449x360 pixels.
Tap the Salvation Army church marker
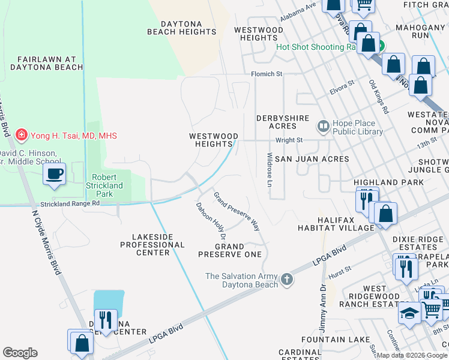(x=288, y=279)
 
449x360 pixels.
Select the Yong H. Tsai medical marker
(x=21, y=134)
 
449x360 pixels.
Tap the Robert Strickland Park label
(x=107, y=186)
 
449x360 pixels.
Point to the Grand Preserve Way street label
(x=237, y=212)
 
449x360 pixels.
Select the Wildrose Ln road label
(x=269, y=169)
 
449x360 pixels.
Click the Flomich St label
(x=267, y=74)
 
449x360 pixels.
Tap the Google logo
(x=20, y=353)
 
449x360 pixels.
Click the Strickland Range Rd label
(x=70, y=203)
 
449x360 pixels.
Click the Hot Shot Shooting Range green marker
(x=381, y=46)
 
